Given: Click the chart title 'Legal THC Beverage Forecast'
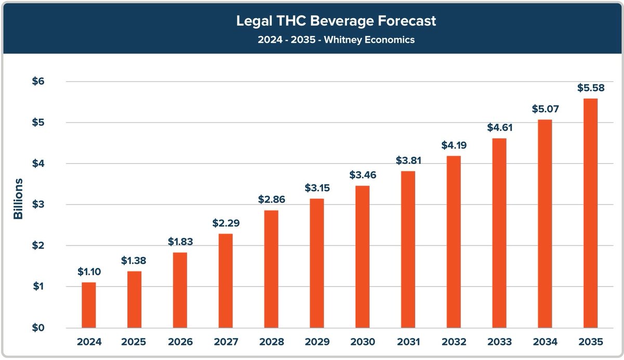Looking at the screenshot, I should point(312,21).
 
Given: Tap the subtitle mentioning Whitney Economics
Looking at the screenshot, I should point(312,40).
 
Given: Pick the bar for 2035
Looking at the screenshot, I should point(590,213).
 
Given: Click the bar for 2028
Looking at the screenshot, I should point(271,269).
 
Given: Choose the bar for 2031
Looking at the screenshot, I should point(408,249).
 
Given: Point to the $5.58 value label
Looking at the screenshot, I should point(590,88).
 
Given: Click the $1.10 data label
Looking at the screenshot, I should point(89,272).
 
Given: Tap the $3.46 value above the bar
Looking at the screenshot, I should point(362,175).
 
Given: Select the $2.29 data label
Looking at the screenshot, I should point(226,223).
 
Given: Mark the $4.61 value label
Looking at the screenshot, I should point(499,127).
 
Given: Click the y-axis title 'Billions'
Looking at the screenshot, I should point(18,199).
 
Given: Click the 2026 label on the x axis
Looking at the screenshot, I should point(180,342).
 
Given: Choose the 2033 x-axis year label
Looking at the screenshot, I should point(499,342).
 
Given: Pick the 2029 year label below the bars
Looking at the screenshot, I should point(317,342).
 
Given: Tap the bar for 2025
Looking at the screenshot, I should point(135,299).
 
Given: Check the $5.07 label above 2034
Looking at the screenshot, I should point(544,109).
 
